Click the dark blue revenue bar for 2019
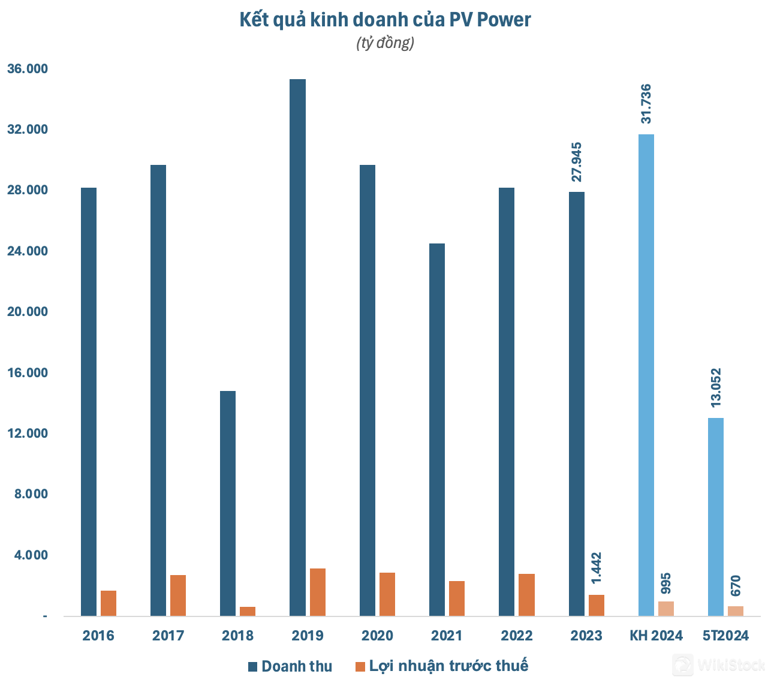[x=297, y=348]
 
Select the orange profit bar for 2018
[x=248, y=611]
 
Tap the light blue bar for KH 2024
[x=646, y=375]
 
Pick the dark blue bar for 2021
[x=437, y=429]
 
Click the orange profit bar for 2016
[x=109, y=603]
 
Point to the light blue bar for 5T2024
[x=715, y=517]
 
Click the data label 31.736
[x=646, y=104]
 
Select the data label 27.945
[x=577, y=162]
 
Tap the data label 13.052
[x=716, y=387]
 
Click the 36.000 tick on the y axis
[x=28, y=69]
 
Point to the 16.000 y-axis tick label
[x=28, y=373]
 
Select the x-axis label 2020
[x=378, y=636]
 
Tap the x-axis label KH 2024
[x=656, y=636]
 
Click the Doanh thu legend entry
[x=290, y=666]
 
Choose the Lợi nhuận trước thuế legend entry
[x=442, y=666]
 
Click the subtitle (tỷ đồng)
[x=385, y=43]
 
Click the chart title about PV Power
[x=385, y=20]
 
